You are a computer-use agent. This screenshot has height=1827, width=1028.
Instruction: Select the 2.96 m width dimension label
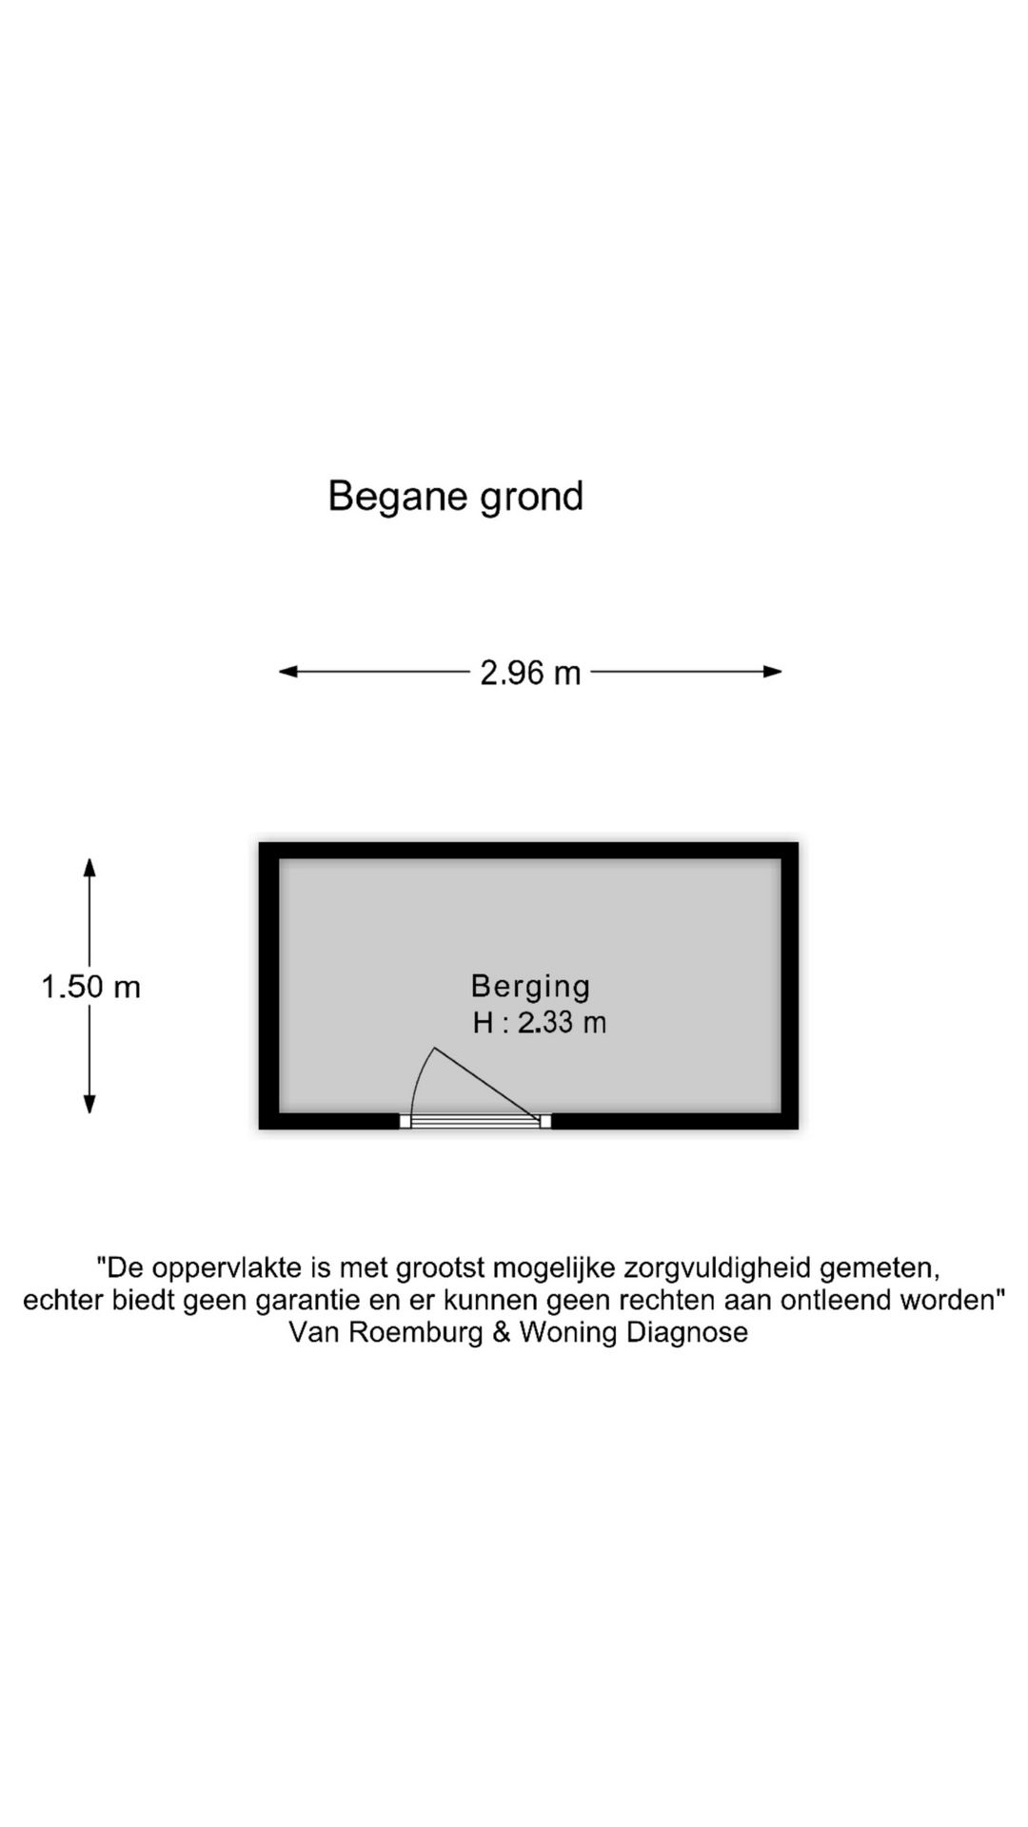click(x=530, y=673)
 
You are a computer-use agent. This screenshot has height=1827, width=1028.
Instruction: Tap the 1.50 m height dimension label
click(x=90, y=987)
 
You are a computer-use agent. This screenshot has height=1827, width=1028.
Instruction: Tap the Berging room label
click(x=530, y=986)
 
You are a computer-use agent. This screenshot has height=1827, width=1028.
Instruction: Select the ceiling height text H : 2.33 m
click(x=539, y=1023)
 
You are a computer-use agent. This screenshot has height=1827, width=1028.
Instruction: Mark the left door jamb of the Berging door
click(x=405, y=1122)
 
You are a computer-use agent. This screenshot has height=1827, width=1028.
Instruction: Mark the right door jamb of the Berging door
click(x=545, y=1122)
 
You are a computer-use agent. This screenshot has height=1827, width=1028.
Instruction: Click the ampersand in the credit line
click(x=502, y=1332)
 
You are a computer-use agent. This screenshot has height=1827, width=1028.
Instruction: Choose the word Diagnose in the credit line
click(x=686, y=1332)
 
